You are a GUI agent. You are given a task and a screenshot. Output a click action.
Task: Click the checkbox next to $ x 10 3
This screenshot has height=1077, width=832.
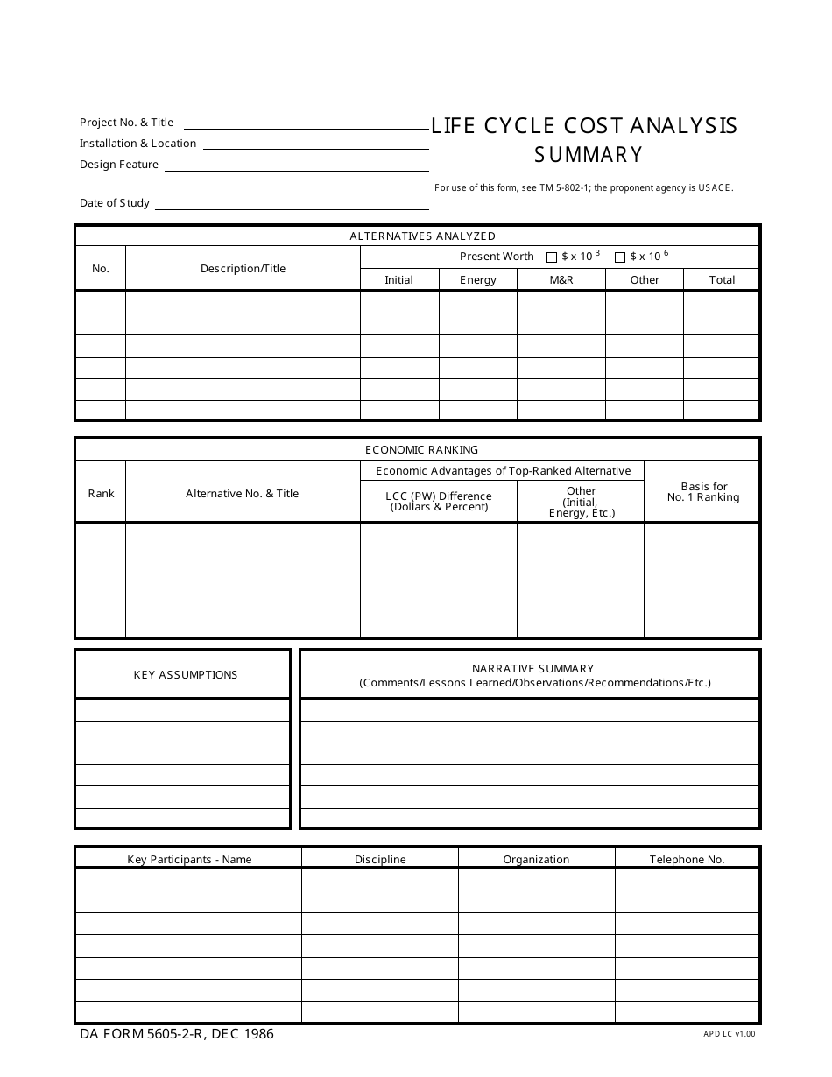point(552,257)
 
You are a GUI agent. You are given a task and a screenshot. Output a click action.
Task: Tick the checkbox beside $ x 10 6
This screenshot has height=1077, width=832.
point(620,257)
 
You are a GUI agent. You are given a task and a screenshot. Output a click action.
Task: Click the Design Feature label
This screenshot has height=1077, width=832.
point(119,165)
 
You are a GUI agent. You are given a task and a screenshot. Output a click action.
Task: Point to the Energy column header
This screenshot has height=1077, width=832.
point(478,280)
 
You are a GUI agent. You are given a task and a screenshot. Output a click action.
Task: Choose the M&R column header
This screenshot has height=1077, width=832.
point(561,280)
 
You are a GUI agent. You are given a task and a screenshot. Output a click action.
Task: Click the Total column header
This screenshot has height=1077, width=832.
point(722,280)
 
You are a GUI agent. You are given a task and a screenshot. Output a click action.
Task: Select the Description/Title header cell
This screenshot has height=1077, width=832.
point(243,269)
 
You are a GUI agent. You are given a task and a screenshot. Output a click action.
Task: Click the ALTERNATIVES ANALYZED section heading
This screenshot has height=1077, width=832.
point(422,236)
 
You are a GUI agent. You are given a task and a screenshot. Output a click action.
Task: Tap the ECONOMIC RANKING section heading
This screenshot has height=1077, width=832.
point(421,450)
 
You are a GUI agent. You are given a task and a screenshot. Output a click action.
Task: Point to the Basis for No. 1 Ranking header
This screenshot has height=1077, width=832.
point(703,492)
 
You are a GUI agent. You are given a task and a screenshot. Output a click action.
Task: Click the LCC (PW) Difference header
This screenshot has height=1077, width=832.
point(439,501)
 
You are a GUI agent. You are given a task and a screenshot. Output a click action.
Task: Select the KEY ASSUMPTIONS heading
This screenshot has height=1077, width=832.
point(185,675)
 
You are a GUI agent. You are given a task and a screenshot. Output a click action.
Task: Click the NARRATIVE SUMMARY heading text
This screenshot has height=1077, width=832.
point(532,669)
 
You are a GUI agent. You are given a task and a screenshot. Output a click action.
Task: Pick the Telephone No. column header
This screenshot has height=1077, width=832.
point(687,860)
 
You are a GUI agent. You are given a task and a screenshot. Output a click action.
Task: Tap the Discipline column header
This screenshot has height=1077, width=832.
point(380,860)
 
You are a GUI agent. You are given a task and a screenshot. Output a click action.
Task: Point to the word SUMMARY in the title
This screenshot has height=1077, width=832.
point(589,155)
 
